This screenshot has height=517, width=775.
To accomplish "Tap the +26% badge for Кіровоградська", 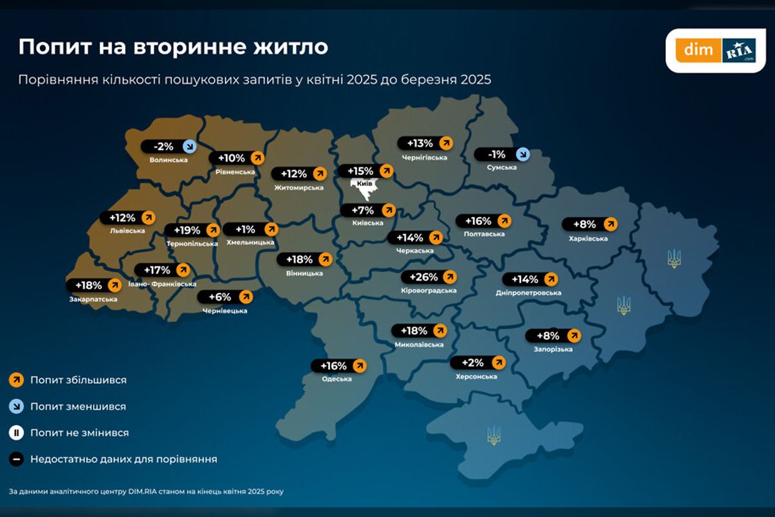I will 429,277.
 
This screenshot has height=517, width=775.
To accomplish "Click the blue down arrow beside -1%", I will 522,154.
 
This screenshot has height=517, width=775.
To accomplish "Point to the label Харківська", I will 590,239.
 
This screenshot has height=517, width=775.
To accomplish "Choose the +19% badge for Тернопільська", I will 192,230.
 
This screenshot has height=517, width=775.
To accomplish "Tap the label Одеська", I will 337,379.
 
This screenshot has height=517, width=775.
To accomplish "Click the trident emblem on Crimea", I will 493,435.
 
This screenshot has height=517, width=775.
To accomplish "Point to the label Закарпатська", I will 94,299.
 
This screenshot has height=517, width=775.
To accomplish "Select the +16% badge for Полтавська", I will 483,221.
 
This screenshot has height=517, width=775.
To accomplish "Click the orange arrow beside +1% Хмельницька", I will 271,229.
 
